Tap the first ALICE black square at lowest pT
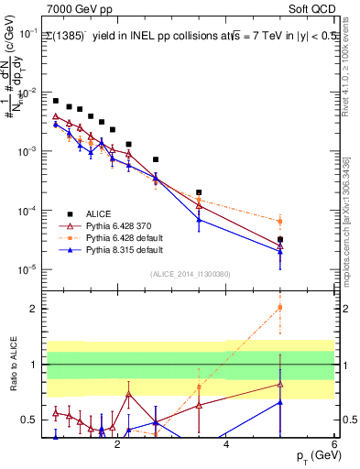click(56, 101)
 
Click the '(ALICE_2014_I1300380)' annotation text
click(190, 273)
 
